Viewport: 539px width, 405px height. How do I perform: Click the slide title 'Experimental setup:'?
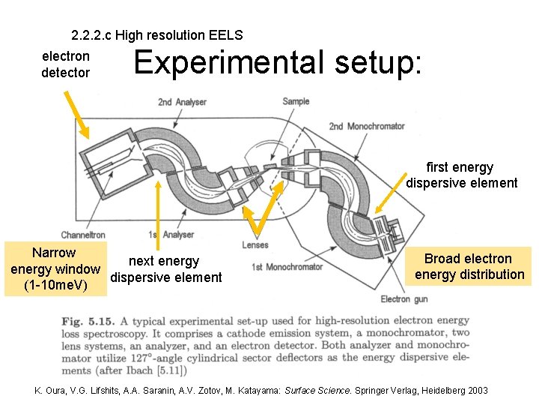(x=277, y=64)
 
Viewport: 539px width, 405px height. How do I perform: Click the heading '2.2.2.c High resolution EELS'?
(x=156, y=35)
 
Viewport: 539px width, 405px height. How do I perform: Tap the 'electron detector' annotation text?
(x=66, y=64)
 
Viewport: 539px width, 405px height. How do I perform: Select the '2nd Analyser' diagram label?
(x=183, y=102)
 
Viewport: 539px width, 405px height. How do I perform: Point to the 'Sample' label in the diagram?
(x=296, y=101)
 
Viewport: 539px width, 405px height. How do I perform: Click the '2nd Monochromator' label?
(x=367, y=126)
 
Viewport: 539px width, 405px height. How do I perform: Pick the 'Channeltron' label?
(x=83, y=235)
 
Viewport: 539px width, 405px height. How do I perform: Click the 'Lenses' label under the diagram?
(x=255, y=245)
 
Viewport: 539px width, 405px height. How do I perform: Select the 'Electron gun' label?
(x=405, y=299)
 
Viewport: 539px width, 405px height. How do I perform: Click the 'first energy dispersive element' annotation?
(x=461, y=175)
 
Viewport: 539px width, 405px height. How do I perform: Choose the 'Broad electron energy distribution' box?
(x=469, y=266)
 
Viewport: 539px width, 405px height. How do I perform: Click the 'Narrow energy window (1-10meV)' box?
(x=54, y=269)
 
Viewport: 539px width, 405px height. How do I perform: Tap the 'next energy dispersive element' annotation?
(x=165, y=269)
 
